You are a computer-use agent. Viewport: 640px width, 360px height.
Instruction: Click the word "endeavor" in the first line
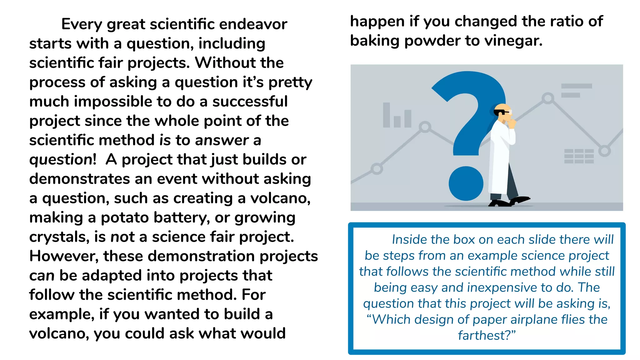[253, 24]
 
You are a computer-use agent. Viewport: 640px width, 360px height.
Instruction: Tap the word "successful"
[250, 102]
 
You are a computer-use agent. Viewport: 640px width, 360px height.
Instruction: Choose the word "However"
[64, 256]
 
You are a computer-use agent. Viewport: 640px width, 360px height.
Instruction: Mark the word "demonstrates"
[80, 179]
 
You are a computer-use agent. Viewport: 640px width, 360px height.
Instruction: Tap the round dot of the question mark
[466, 183]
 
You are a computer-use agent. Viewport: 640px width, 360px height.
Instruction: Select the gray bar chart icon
[397, 116]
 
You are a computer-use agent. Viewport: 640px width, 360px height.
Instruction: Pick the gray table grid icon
[579, 156]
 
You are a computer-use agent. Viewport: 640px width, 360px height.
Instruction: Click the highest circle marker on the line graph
[548, 98]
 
